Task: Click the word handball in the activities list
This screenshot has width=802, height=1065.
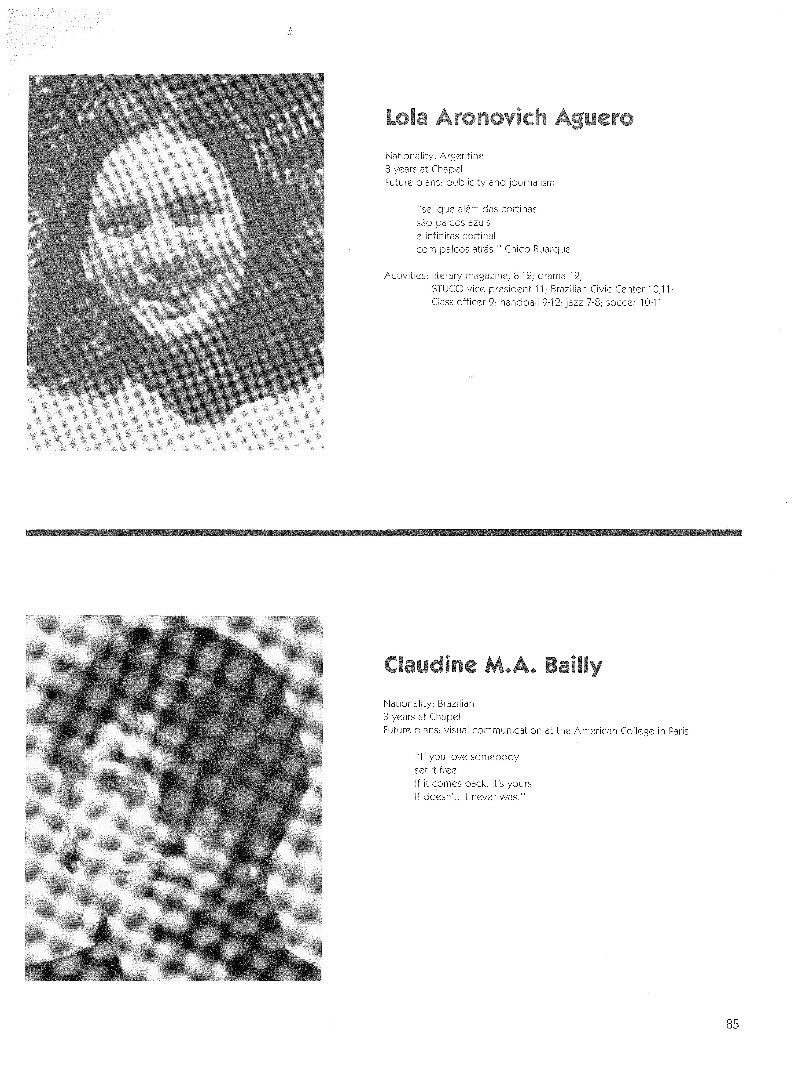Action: (519, 303)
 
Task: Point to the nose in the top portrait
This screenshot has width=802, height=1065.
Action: (164, 253)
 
